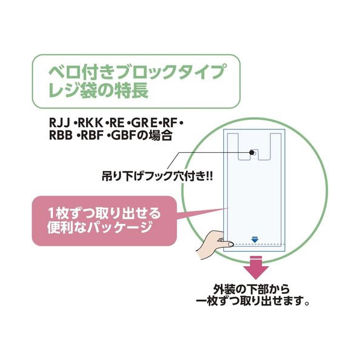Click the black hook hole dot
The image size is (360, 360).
point(252,152)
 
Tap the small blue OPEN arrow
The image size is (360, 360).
point(255,240)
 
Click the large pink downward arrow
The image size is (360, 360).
point(256,268)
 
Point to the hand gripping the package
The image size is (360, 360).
point(212,244)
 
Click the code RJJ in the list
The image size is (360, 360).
point(60,123)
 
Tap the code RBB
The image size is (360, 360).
point(61,136)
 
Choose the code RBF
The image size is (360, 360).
point(92,136)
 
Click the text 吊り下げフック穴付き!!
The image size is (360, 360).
point(157,176)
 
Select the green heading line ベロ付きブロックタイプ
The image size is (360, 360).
point(137,72)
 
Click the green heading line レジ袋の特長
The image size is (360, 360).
point(99,90)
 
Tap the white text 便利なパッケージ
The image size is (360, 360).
point(99,227)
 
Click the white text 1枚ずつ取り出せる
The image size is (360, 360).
point(104,214)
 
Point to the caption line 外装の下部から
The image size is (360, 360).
point(252,290)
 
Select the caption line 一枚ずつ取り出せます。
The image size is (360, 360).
point(252,301)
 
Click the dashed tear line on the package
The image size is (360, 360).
point(258,244)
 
